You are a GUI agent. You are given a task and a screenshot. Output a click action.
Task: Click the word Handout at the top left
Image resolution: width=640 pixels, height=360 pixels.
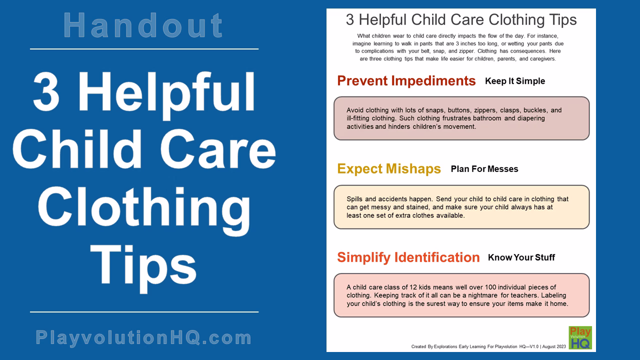tap(143, 25)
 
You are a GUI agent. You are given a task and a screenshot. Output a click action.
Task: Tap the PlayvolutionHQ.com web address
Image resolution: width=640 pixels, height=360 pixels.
tap(143, 337)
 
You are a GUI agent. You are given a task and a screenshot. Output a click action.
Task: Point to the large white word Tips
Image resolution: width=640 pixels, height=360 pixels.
tap(144, 265)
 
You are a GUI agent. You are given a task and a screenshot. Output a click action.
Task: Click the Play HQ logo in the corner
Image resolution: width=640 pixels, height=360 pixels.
tap(580, 337)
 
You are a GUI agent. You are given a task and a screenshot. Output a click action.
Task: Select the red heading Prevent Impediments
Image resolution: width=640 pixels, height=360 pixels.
tap(406, 81)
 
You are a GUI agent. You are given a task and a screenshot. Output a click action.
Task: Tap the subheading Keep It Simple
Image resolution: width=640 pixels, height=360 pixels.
tap(514, 81)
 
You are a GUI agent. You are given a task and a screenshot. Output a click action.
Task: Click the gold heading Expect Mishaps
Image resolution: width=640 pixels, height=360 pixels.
tap(389, 169)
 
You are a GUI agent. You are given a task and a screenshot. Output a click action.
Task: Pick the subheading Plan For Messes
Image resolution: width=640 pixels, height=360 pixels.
tap(484, 169)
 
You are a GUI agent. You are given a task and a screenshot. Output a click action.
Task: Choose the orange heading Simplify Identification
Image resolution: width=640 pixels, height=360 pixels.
tap(408, 257)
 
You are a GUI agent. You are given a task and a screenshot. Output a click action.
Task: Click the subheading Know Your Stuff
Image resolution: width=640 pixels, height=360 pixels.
tap(521, 257)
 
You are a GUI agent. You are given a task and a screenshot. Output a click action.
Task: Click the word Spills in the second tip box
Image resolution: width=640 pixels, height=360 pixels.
tap(355, 199)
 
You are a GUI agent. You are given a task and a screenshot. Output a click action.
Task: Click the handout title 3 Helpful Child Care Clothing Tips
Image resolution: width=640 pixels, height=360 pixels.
tap(461, 20)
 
